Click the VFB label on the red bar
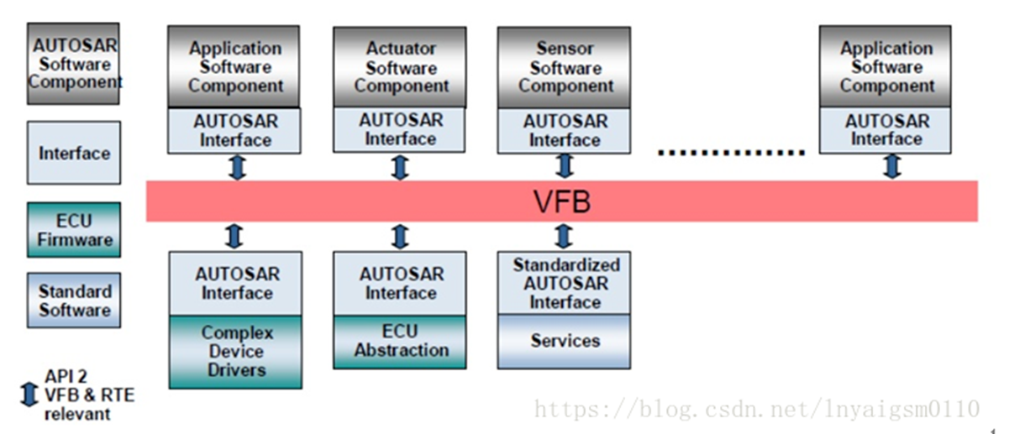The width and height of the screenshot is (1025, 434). point(561,201)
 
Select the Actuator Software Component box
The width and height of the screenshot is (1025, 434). point(400,67)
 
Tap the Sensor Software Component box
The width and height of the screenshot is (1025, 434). point(565,67)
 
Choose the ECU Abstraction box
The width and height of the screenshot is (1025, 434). point(400,342)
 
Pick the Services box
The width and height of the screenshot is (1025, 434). point(565,342)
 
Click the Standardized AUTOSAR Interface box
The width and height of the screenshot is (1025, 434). point(565,283)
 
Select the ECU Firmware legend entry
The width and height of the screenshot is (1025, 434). point(74,230)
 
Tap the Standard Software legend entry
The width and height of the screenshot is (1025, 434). point(74,301)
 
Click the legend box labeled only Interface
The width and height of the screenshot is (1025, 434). point(74,154)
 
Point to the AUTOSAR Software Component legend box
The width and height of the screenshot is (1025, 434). point(74,64)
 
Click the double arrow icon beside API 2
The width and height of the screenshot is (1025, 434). point(29,395)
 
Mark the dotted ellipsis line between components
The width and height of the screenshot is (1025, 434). point(731,153)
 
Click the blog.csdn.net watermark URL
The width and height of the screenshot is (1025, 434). point(757,410)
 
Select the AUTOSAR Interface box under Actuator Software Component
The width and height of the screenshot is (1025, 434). point(400,130)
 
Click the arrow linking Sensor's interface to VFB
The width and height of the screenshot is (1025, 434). point(565,167)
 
